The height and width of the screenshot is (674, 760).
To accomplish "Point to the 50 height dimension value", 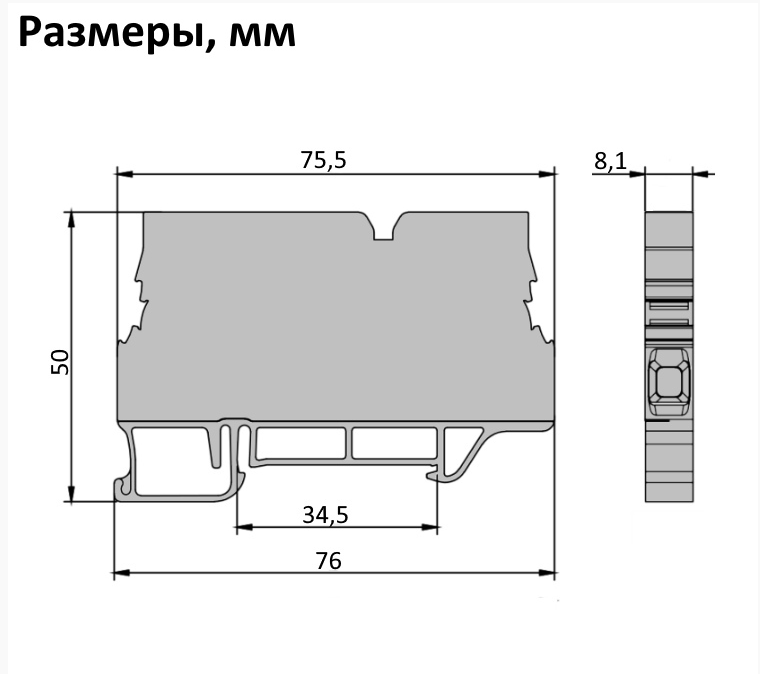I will pyautogui.click(x=60, y=361).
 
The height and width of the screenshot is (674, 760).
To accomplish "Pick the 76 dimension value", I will pyautogui.click(x=328, y=561).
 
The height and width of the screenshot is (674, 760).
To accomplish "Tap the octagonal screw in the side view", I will pyautogui.click(x=667, y=381).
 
